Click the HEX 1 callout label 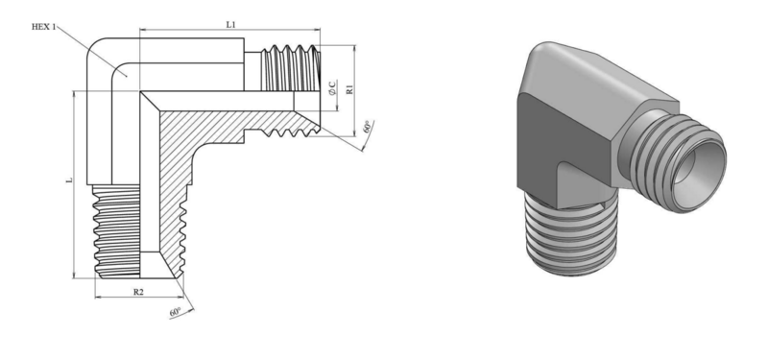point(43,27)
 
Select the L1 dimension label point(230,25)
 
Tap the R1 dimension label point(349,89)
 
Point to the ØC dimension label point(332,87)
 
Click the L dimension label point(69,180)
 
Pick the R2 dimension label point(138,292)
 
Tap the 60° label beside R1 point(368,127)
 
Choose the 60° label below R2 point(176,312)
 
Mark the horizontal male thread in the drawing point(290,68)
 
